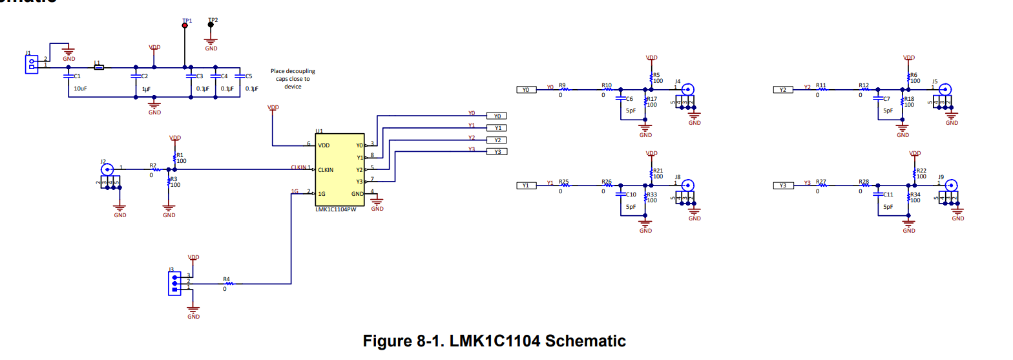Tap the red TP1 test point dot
coord(185,25)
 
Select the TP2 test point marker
coord(211,25)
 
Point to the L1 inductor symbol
coord(99,67)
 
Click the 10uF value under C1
coord(81,88)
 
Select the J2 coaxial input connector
coord(108,169)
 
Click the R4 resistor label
coord(226,279)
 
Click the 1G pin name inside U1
coord(321,193)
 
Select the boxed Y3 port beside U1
coord(497,152)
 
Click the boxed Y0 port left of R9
coord(526,90)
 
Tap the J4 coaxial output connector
coord(689,90)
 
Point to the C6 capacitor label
coord(629,100)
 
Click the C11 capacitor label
coord(888,194)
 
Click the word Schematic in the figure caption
coord(586,341)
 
